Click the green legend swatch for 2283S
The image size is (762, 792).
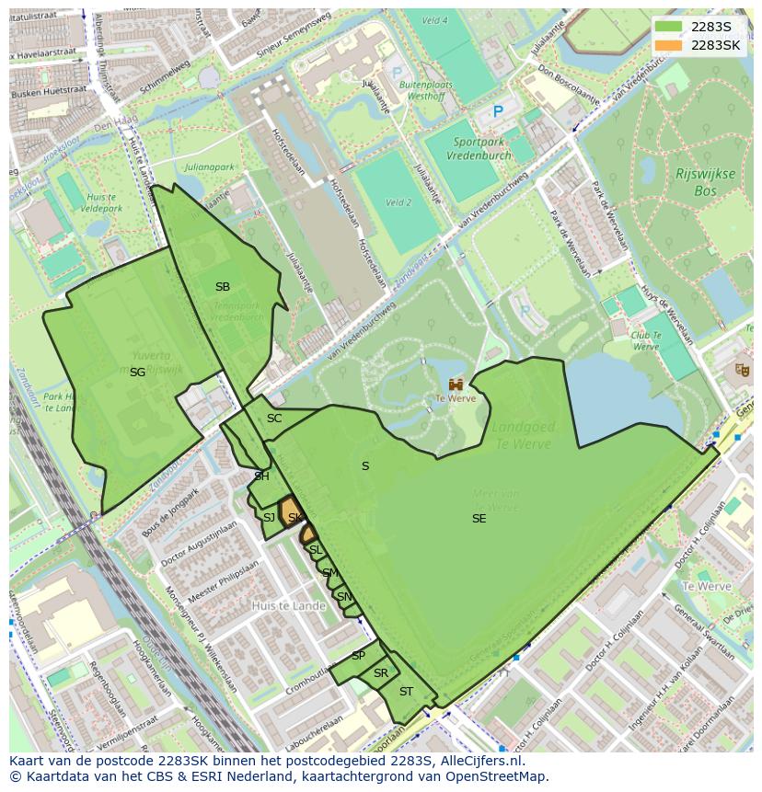coord(669,27)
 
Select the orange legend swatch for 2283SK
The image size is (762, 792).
coord(669,45)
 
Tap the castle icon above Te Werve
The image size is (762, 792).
coord(456,384)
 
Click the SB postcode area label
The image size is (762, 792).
coord(223,287)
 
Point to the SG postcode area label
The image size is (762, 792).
coord(137,373)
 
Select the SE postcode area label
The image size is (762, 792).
coord(479,519)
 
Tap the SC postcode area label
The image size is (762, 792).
coord(274,419)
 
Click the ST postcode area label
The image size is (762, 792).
coord(406,692)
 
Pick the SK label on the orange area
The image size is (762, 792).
coord(294,518)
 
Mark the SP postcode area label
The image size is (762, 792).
coord(358,656)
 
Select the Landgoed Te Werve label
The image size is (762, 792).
coord(521,436)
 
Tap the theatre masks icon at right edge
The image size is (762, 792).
coord(742,370)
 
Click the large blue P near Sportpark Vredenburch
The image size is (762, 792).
coord(498,111)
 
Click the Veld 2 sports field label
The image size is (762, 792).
coord(398,202)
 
